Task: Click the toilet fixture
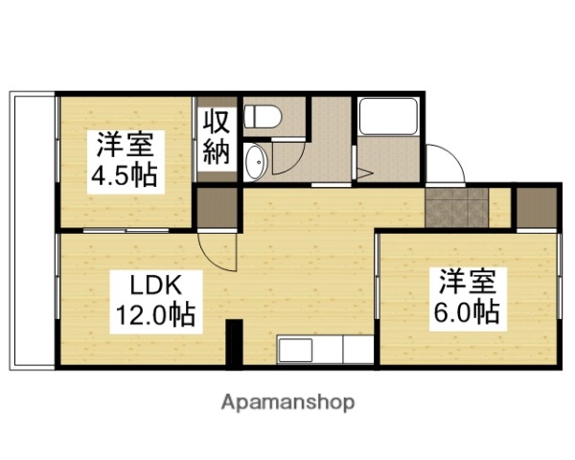point(262,118)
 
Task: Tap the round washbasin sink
point(256,163)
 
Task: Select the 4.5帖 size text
point(125,177)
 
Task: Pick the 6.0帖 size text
point(469,311)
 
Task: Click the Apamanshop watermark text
point(287,402)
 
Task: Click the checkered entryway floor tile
point(457,208)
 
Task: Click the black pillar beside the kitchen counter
point(234,344)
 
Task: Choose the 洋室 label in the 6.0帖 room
point(469,282)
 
